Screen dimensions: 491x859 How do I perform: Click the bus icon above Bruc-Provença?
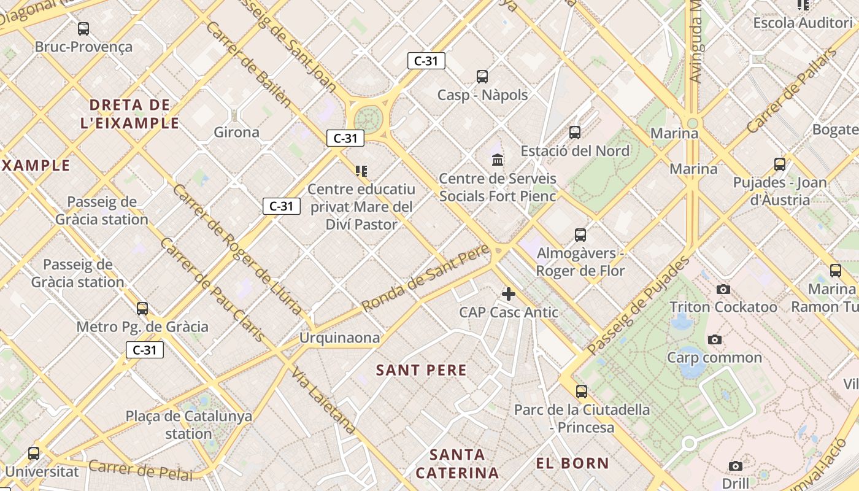tap(83, 28)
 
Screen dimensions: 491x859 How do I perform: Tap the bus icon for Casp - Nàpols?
tap(482, 77)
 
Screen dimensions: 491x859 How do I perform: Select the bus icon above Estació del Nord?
tap(575, 132)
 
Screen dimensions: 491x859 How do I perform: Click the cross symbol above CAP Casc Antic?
tap(509, 294)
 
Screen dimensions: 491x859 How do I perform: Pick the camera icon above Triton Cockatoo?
tap(723, 289)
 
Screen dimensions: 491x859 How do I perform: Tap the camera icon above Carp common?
tap(714, 339)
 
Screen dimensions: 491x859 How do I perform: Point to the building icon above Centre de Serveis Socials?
tap(498, 160)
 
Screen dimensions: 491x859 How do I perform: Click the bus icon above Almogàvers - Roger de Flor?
tap(580, 234)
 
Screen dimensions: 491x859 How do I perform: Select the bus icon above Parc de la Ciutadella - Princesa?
tap(582, 391)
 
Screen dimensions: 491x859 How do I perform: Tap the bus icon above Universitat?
tap(34, 454)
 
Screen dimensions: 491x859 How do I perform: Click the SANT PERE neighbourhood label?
tap(422, 370)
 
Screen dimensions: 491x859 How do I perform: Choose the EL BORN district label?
tap(572, 463)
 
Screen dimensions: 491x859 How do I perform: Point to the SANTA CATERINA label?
tap(457, 464)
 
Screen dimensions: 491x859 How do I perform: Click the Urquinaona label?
tap(339, 338)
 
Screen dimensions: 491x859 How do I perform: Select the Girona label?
tap(236, 132)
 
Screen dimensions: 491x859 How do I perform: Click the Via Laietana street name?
tap(323, 400)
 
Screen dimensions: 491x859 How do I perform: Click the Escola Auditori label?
tap(803, 23)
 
